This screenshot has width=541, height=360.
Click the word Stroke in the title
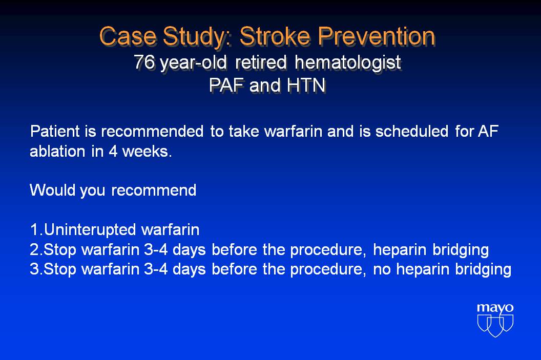[275, 36]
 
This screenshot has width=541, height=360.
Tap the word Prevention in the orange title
[377, 36]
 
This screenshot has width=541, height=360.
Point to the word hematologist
[348, 63]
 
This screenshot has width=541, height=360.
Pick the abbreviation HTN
[306, 85]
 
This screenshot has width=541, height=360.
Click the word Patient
[55, 132]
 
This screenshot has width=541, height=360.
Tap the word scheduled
[412, 132]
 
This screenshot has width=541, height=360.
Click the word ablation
[57, 152]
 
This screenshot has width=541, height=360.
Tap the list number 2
[34, 250]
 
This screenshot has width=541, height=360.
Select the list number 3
[34, 269]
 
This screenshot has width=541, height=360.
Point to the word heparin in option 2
[400, 250]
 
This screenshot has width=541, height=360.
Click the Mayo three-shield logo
[495, 325]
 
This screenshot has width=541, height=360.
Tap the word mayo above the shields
[495, 308]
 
